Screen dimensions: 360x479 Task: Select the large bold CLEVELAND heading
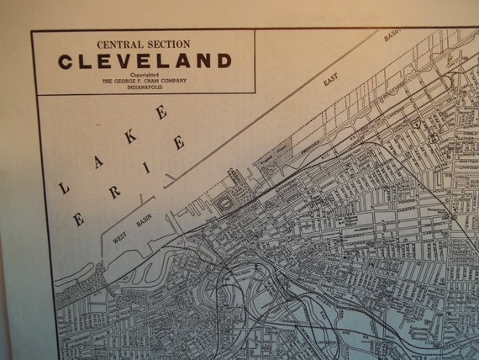coord(144,61)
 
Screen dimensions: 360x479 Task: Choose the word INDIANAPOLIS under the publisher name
coord(144,87)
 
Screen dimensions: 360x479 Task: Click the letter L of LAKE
coord(65,188)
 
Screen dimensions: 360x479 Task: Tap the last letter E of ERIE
coord(178,143)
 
